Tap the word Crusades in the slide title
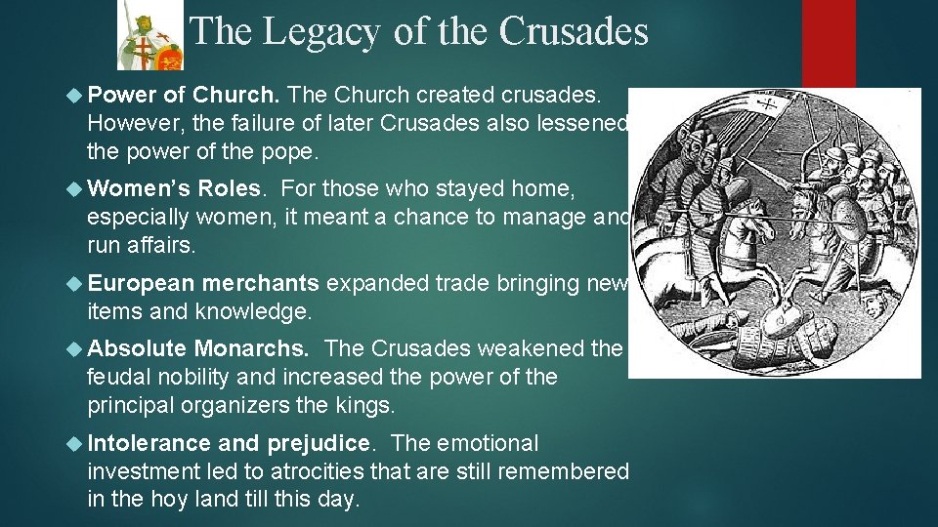(574, 32)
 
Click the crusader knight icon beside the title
(149, 35)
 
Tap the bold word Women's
(139, 187)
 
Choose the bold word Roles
(229, 187)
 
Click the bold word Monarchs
(252, 348)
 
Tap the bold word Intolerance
(148, 443)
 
